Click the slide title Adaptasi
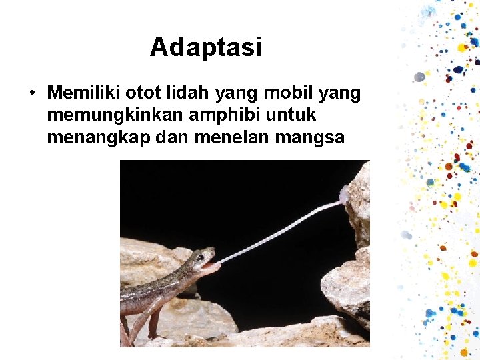coord(206,47)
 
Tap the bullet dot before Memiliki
coord(31,92)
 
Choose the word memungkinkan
coord(115,115)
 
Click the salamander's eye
coord(199,257)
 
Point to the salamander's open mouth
coord(209,266)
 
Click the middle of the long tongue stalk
coord(280,230)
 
